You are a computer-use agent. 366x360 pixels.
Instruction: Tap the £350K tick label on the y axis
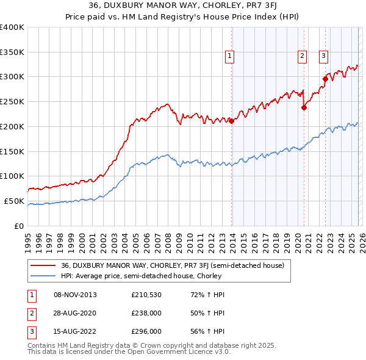tap(12, 52)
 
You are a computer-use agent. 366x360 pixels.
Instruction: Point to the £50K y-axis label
tap(14, 201)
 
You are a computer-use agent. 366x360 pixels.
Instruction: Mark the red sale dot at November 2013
tap(232, 121)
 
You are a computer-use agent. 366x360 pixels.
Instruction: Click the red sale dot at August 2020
tap(304, 107)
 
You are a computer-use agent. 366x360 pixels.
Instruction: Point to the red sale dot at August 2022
tap(325, 79)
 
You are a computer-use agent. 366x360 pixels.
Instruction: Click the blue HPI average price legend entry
tap(140, 276)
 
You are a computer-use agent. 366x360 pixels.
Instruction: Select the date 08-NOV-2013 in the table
tap(75, 295)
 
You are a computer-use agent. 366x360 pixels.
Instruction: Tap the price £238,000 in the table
tap(147, 313)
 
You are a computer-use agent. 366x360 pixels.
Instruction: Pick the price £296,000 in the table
tap(147, 331)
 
